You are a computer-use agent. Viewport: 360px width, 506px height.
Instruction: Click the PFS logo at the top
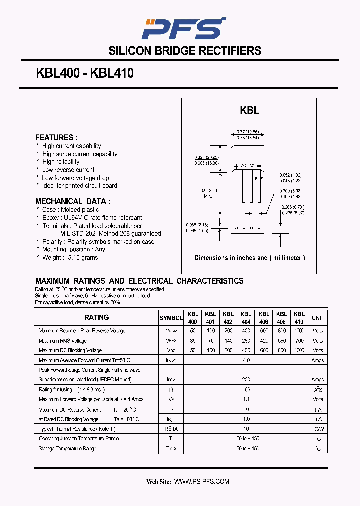183,28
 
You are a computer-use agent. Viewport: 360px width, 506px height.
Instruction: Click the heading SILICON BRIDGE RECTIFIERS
185,51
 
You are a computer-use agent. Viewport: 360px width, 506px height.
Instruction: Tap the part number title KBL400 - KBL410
85,73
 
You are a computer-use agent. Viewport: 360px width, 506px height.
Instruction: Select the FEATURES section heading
56,137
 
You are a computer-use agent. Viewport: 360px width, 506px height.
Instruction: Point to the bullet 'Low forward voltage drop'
75,178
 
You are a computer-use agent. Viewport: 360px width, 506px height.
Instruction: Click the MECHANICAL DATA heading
73,201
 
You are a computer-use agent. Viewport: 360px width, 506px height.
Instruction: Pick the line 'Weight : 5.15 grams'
70,258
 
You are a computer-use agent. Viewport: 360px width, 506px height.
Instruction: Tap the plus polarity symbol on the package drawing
236,166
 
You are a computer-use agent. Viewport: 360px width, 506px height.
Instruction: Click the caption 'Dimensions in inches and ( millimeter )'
249,258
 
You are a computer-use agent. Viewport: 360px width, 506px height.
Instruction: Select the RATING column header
96,318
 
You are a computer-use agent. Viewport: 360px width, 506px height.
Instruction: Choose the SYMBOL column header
171,318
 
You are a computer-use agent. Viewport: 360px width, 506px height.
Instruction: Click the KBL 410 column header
299,318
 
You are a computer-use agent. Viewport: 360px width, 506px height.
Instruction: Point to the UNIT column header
318,318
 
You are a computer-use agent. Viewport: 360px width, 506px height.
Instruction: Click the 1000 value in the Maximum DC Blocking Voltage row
299,351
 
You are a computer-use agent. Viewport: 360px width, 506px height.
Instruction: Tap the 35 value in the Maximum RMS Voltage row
193,341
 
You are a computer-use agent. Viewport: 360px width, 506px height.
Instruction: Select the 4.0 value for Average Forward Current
246,360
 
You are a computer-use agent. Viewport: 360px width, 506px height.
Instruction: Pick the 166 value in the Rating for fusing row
246,389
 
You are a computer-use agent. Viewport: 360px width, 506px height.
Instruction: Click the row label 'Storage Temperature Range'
67,449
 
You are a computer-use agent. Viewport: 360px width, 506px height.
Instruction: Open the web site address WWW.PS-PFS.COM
201,481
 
